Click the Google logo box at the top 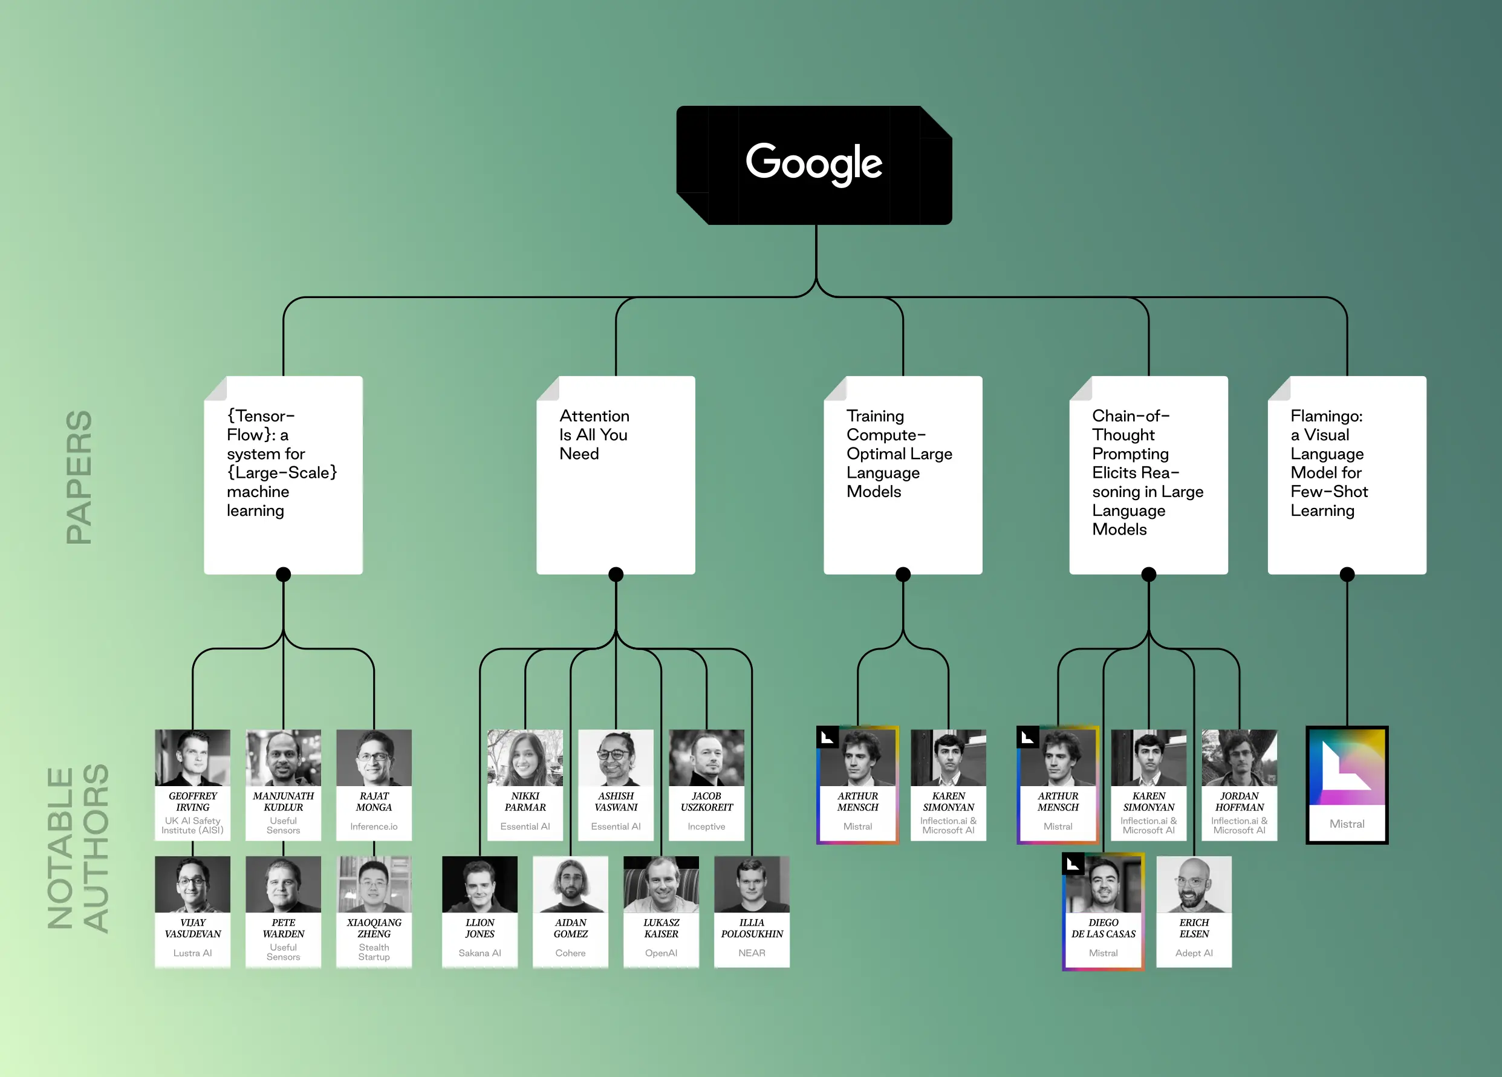point(814,165)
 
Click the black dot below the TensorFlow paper point(284,574)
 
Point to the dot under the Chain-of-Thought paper point(1148,574)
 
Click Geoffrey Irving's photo point(193,758)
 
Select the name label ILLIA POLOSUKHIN point(752,928)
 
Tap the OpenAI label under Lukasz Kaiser point(661,953)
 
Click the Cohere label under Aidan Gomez point(570,953)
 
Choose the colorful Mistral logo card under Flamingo point(1347,785)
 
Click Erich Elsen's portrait point(1194,884)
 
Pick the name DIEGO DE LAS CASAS point(1104,928)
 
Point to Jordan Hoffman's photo point(1239,758)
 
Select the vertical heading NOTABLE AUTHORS point(78,848)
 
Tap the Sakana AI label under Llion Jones point(480,953)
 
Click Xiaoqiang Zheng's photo point(374,884)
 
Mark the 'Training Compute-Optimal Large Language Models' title point(899,454)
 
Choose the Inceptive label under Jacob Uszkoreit point(706,827)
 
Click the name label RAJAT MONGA point(374,801)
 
